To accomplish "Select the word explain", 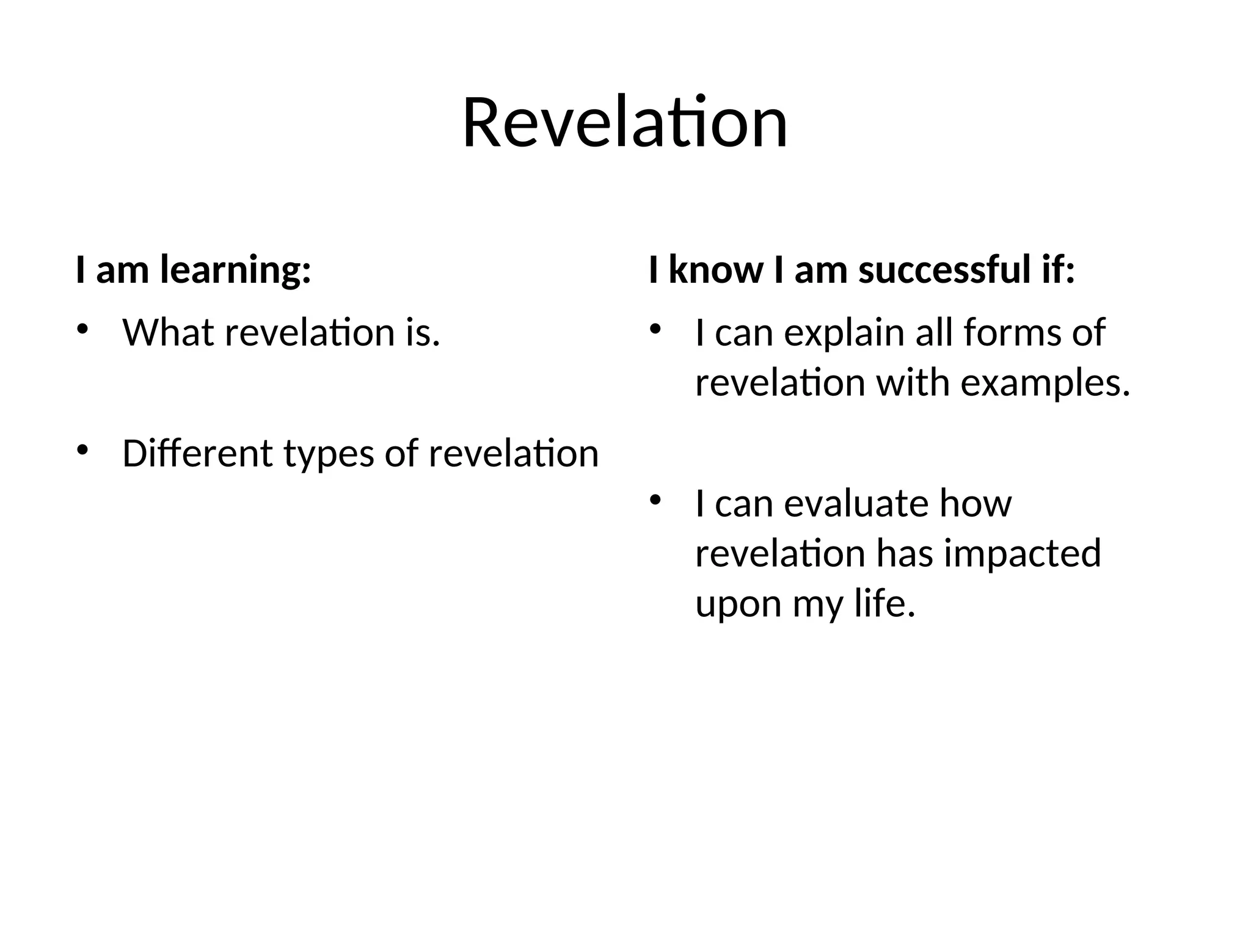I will pyautogui.click(x=844, y=334).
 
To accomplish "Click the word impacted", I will pyautogui.click(x=1023, y=554).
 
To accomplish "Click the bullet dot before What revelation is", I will pyautogui.click(x=82, y=329).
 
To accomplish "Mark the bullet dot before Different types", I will pyautogui.click(x=82, y=450).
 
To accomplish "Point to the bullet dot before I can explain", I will pyautogui.click(x=655, y=329).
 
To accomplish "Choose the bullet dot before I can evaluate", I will pyautogui.click(x=655, y=500).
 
